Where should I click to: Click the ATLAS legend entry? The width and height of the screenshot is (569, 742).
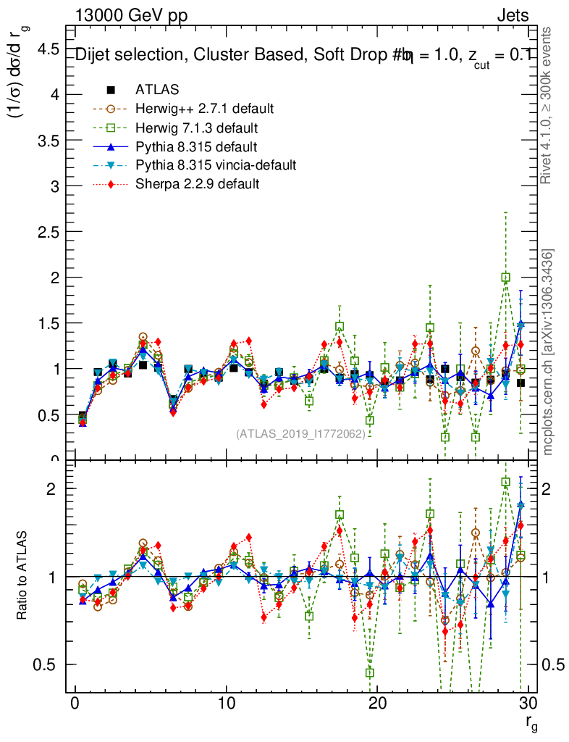(157, 90)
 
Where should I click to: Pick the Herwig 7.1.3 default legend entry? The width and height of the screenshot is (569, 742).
(197, 128)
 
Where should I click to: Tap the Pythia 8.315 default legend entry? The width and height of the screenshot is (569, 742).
(196, 146)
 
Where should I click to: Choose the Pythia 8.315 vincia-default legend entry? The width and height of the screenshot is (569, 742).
(216, 165)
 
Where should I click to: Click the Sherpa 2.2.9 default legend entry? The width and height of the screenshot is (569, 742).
(197, 184)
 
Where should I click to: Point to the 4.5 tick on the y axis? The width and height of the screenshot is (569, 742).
(48, 49)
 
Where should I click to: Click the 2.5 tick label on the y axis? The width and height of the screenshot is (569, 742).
(48, 232)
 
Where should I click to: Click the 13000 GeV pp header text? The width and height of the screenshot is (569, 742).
(131, 15)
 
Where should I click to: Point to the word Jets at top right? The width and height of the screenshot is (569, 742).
(512, 15)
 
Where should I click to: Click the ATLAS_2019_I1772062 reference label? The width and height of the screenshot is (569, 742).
(305, 434)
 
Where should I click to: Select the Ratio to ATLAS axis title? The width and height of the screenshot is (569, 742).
(22, 576)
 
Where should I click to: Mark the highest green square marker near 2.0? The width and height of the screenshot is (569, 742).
(506, 277)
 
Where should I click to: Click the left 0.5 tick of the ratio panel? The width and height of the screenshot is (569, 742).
(48, 664)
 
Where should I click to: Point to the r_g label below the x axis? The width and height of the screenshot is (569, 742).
(531, 722)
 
